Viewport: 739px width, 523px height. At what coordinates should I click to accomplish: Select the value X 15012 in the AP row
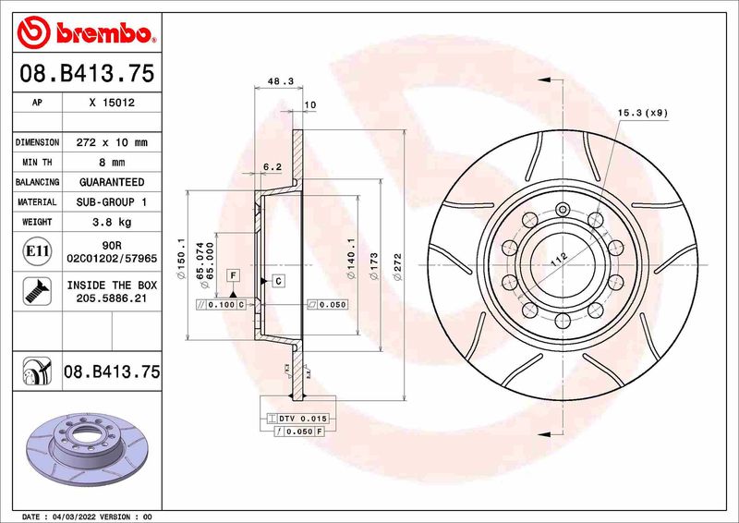click(112, 103)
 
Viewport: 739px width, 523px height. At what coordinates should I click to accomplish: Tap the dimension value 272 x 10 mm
click(112, 143)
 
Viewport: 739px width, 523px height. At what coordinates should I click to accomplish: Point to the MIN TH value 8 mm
click(112, 163)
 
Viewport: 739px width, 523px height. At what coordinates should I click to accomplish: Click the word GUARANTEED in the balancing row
click(112, 182)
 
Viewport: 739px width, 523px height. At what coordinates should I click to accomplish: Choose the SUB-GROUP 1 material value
click(112, 201)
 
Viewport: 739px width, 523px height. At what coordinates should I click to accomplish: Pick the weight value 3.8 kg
click(112, 222)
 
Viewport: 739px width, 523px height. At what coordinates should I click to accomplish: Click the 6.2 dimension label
click(272, 167)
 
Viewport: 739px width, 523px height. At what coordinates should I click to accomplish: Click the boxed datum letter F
click(233, 275)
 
